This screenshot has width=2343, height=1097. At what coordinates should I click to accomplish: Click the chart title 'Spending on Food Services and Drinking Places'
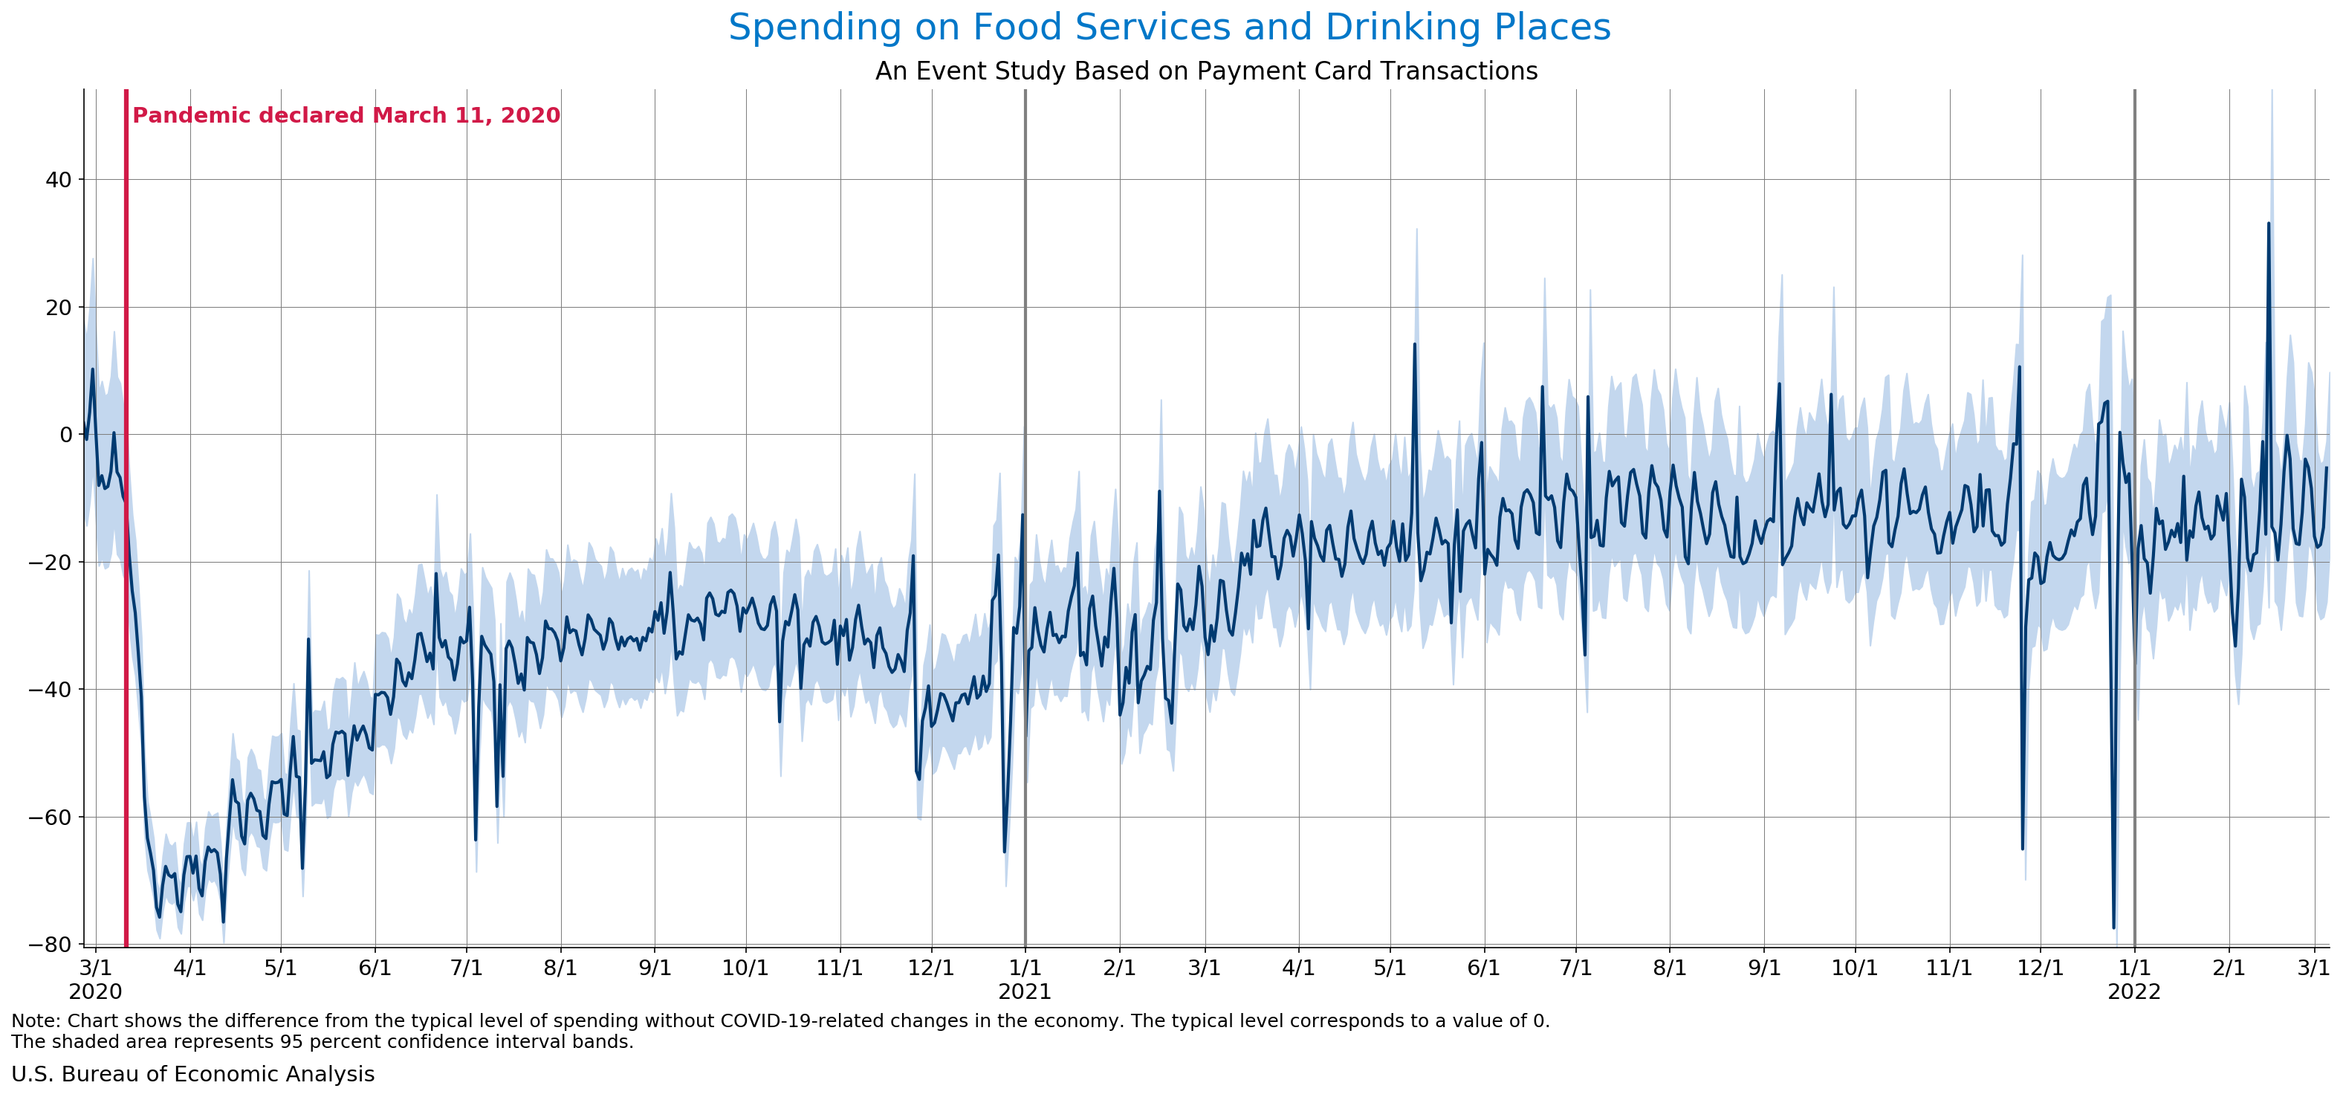coord(1169,27)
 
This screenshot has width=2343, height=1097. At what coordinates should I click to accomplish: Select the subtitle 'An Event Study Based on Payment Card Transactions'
coord(1205,71)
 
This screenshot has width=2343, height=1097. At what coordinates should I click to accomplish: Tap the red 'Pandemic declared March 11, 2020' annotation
coord(346,115)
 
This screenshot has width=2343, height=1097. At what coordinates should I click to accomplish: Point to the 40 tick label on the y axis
coord(58,180)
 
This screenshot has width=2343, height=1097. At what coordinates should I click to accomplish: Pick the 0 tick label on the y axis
coord(65,435)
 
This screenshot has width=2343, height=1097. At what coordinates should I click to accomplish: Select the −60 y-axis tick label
coord(51,817)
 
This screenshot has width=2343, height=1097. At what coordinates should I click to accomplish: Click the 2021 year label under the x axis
coord(1024,991)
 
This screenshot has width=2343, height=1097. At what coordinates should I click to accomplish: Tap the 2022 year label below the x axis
coord(2133,991)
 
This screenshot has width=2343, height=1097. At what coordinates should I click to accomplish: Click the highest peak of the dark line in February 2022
coord(2269,223)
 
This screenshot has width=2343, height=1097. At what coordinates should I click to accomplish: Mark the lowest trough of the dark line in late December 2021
coord(2114,928)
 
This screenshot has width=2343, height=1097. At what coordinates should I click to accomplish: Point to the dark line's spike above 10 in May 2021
coord(1414,344)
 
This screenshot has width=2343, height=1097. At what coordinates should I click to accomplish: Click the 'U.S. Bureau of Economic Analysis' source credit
coord(192,1074)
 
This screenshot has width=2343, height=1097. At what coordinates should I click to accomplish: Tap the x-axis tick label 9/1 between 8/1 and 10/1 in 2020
coord(655,968)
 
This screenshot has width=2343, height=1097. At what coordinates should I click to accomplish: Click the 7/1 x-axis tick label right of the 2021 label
coord(1575,968)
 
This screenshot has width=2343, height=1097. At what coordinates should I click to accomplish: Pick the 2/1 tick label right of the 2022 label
coord(2229,968)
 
